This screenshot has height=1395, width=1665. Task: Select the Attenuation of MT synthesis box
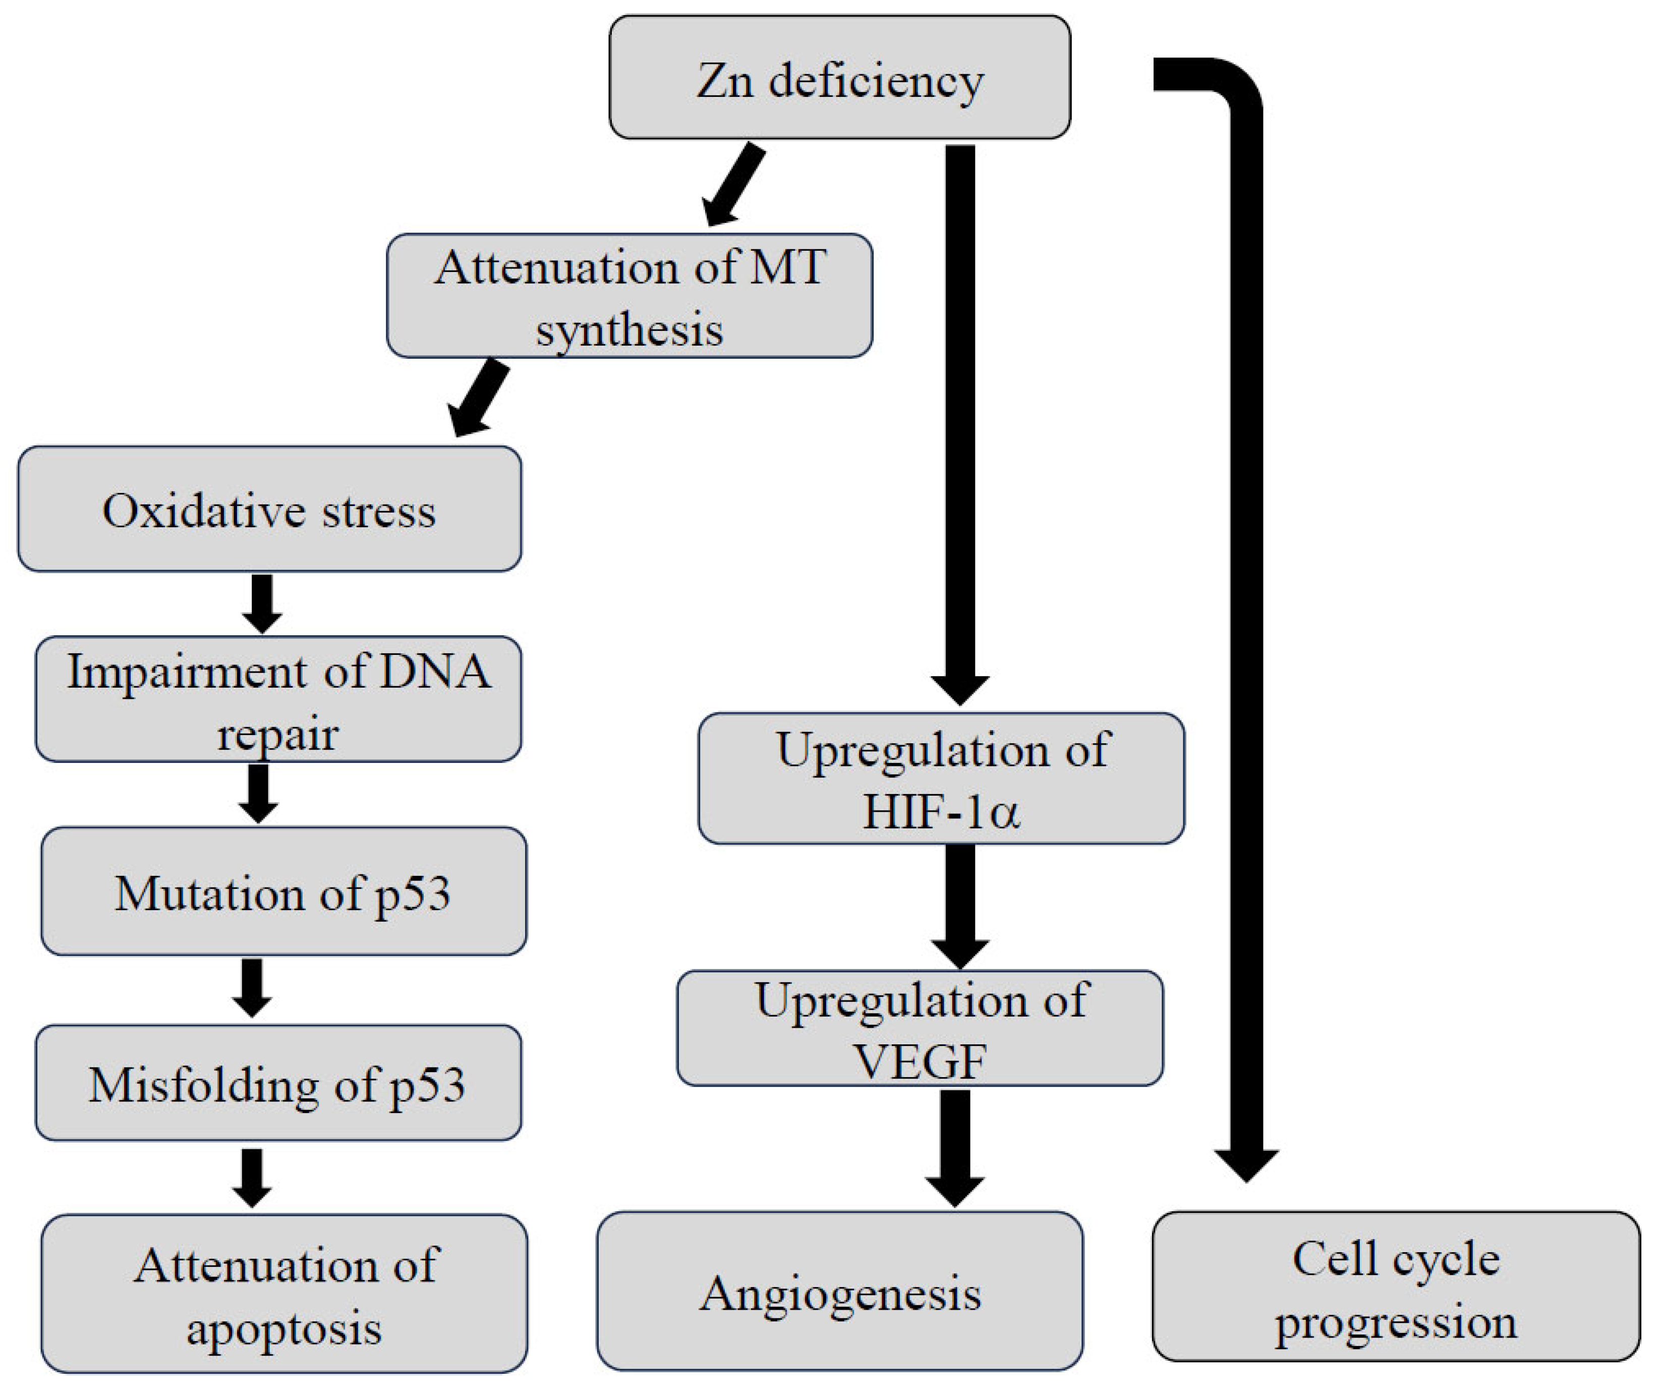coord(629,296)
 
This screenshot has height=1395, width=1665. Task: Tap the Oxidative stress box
coord(269,509)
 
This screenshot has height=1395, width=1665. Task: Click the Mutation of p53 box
coord(283,891)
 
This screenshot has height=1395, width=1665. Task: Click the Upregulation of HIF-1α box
coord(941,778)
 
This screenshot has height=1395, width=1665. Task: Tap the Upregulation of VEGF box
coord(920,1029)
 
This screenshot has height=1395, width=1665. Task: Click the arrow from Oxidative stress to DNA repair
coord(262,603)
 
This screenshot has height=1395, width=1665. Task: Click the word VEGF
coord(920,1061)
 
